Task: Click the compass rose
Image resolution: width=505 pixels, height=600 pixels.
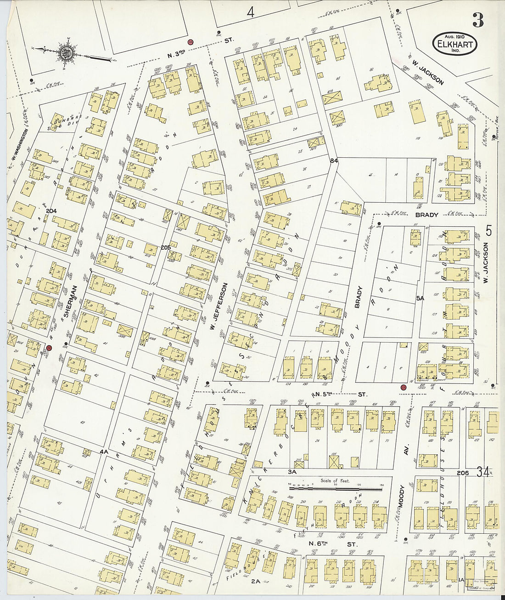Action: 65,52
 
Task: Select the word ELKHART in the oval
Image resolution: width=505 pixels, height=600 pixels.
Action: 454,46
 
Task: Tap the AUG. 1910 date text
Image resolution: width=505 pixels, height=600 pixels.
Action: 454,36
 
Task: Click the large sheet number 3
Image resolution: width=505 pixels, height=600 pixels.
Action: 478,21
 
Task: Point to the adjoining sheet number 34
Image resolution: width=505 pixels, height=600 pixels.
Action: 483,472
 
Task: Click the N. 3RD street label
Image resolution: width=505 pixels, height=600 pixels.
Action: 176,55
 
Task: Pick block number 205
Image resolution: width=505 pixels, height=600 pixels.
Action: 166,247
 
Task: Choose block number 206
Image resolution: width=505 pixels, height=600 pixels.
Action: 463,473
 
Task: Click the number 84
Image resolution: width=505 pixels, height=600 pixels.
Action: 333,160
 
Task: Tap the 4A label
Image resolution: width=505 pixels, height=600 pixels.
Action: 104,452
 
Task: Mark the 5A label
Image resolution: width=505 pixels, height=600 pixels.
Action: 420,298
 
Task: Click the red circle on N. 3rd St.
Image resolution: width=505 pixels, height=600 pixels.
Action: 191,42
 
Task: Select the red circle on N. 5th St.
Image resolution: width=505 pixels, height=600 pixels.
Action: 403,388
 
